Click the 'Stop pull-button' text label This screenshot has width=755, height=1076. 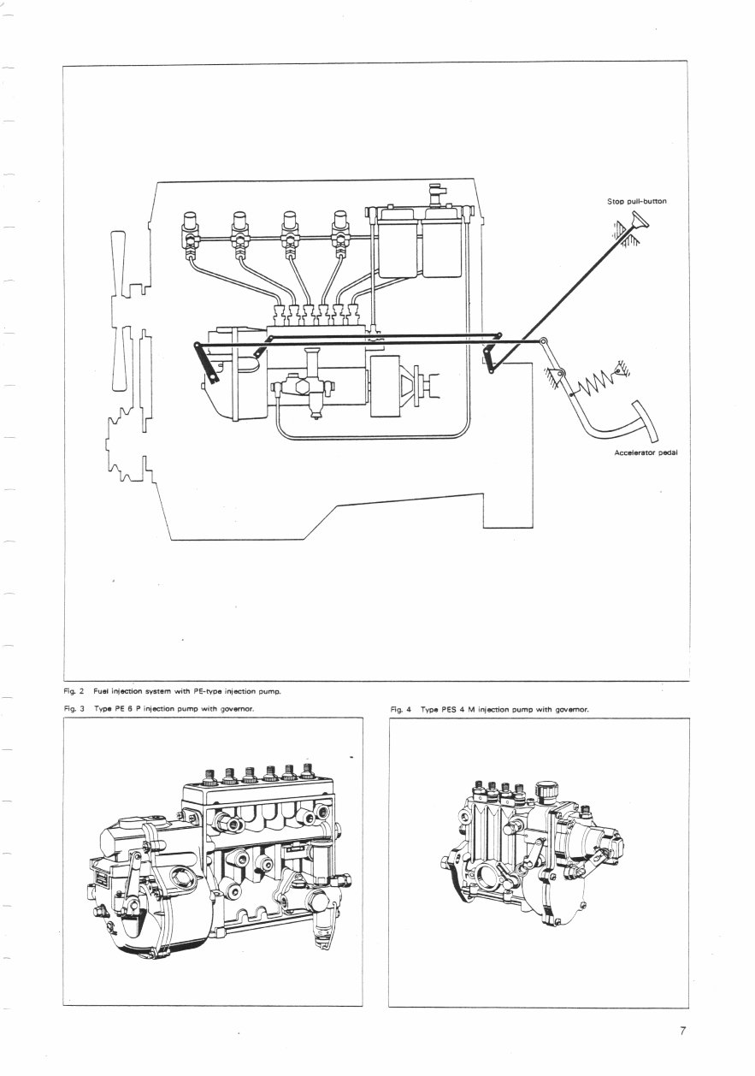pos(636,202)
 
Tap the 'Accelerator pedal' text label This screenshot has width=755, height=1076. pos(646,452)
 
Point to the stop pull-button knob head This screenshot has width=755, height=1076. pos(639,224)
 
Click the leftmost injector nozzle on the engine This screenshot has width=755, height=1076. pos(189,228)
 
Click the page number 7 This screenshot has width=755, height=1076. pos(683,1031)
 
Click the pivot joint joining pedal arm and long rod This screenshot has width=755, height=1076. pos(541,343)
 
